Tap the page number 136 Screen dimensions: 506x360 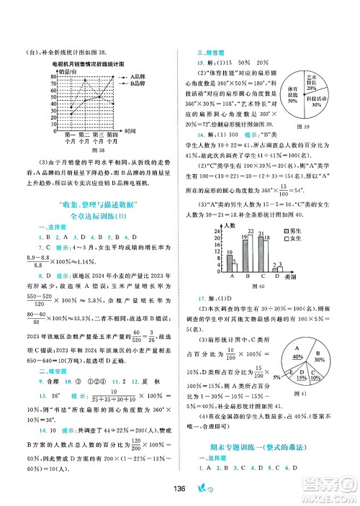point(181,490)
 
